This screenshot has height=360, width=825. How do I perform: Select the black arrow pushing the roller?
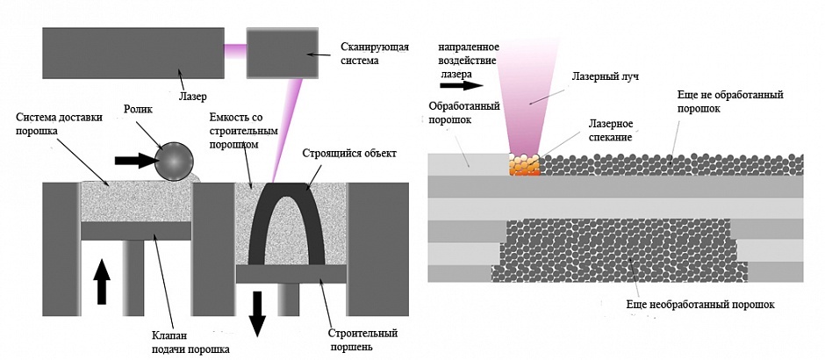132,161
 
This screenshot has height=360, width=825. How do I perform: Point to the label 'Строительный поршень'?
362,339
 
